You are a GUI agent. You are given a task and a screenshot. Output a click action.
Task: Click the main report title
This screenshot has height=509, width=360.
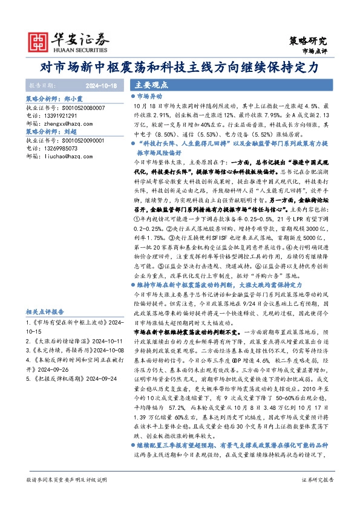click(x=180, y=68)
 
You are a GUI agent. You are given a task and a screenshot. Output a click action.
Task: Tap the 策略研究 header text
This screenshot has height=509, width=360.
click(x=309, y=41)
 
